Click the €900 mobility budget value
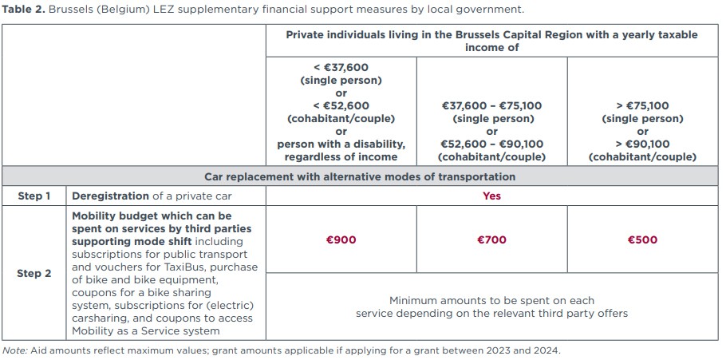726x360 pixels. [341, 239]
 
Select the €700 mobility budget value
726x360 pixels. [491, 239]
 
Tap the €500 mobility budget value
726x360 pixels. [642, 239]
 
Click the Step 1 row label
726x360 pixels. [34, 196]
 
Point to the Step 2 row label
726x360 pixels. [34, 273]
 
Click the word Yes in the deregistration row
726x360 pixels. [491, 196]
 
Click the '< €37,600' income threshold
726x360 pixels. [341, 68]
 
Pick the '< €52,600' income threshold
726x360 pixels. [341, 105]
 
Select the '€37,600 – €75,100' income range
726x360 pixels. [491, 105]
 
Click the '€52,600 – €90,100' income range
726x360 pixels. [491, 144]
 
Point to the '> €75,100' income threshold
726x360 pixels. [642, 105]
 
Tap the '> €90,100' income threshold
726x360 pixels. [642, 144]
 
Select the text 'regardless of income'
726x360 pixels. [341, 156]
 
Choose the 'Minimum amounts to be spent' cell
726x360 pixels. [491, 307]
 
